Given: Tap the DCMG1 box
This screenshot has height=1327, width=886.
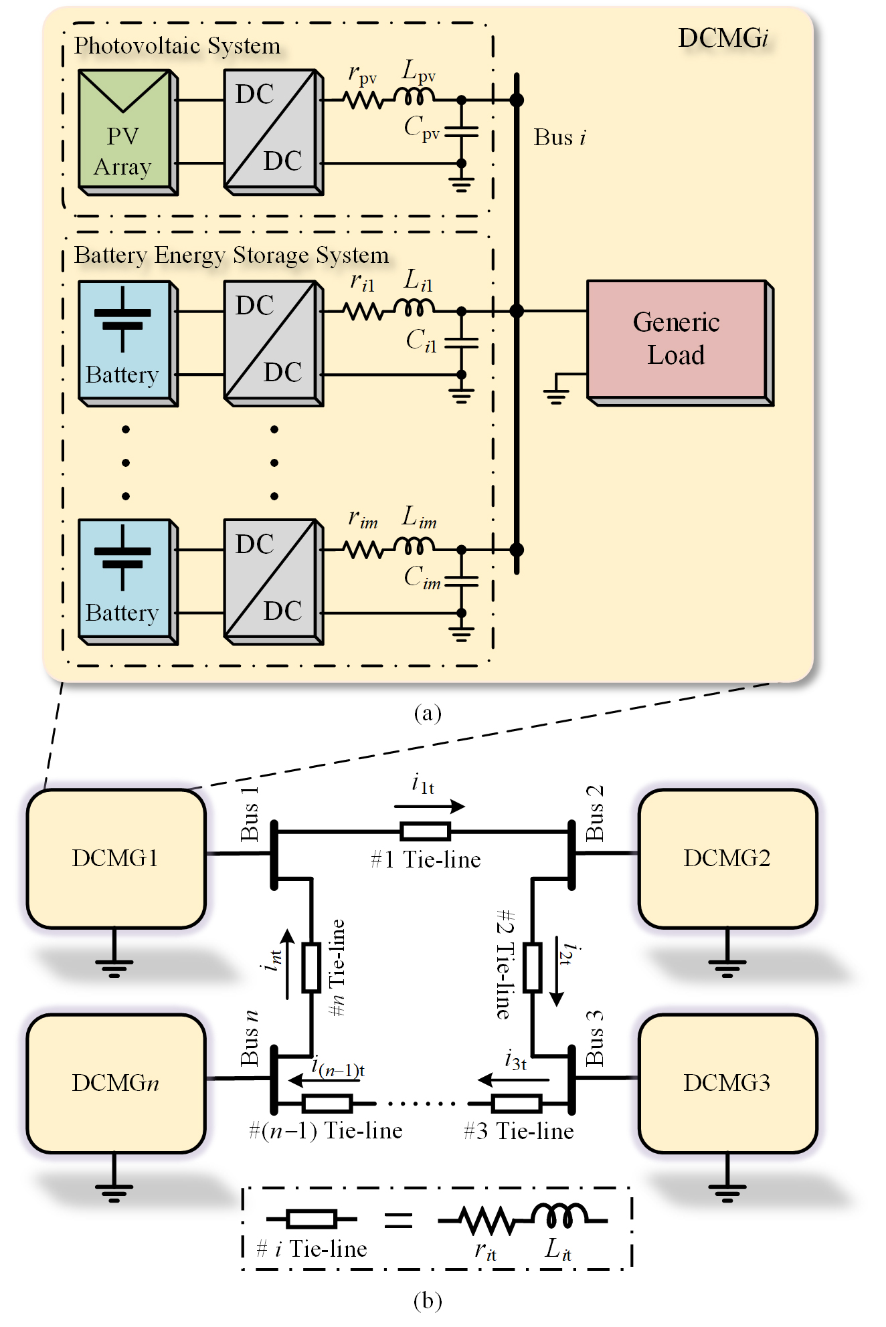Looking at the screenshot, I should [116, 858].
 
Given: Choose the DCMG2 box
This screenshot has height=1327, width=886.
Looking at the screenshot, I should [727, 858].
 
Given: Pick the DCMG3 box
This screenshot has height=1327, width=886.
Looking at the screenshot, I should [727, 1083].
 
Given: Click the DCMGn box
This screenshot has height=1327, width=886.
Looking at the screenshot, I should [116, 1083].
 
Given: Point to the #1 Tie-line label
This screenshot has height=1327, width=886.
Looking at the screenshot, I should [426, 860].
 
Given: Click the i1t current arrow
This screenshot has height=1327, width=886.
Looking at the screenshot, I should [438, 806].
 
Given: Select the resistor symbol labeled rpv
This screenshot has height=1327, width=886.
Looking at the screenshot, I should [363, 100].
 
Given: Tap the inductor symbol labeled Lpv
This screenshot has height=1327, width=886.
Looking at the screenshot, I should [414, 98].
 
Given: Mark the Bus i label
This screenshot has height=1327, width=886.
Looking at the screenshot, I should [559, 138].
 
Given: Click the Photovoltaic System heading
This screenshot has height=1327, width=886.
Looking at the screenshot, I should [177, 46].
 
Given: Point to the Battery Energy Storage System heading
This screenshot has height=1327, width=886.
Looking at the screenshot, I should [231, 256].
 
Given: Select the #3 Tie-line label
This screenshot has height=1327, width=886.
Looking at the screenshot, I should [519, 1131].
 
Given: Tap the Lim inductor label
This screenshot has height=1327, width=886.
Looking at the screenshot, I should [419, 518].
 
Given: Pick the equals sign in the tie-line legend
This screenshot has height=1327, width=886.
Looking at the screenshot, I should [398, 1219].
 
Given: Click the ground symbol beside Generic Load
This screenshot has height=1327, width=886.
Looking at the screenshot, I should [556, 396].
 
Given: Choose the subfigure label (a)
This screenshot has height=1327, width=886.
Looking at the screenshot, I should [428, 713].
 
